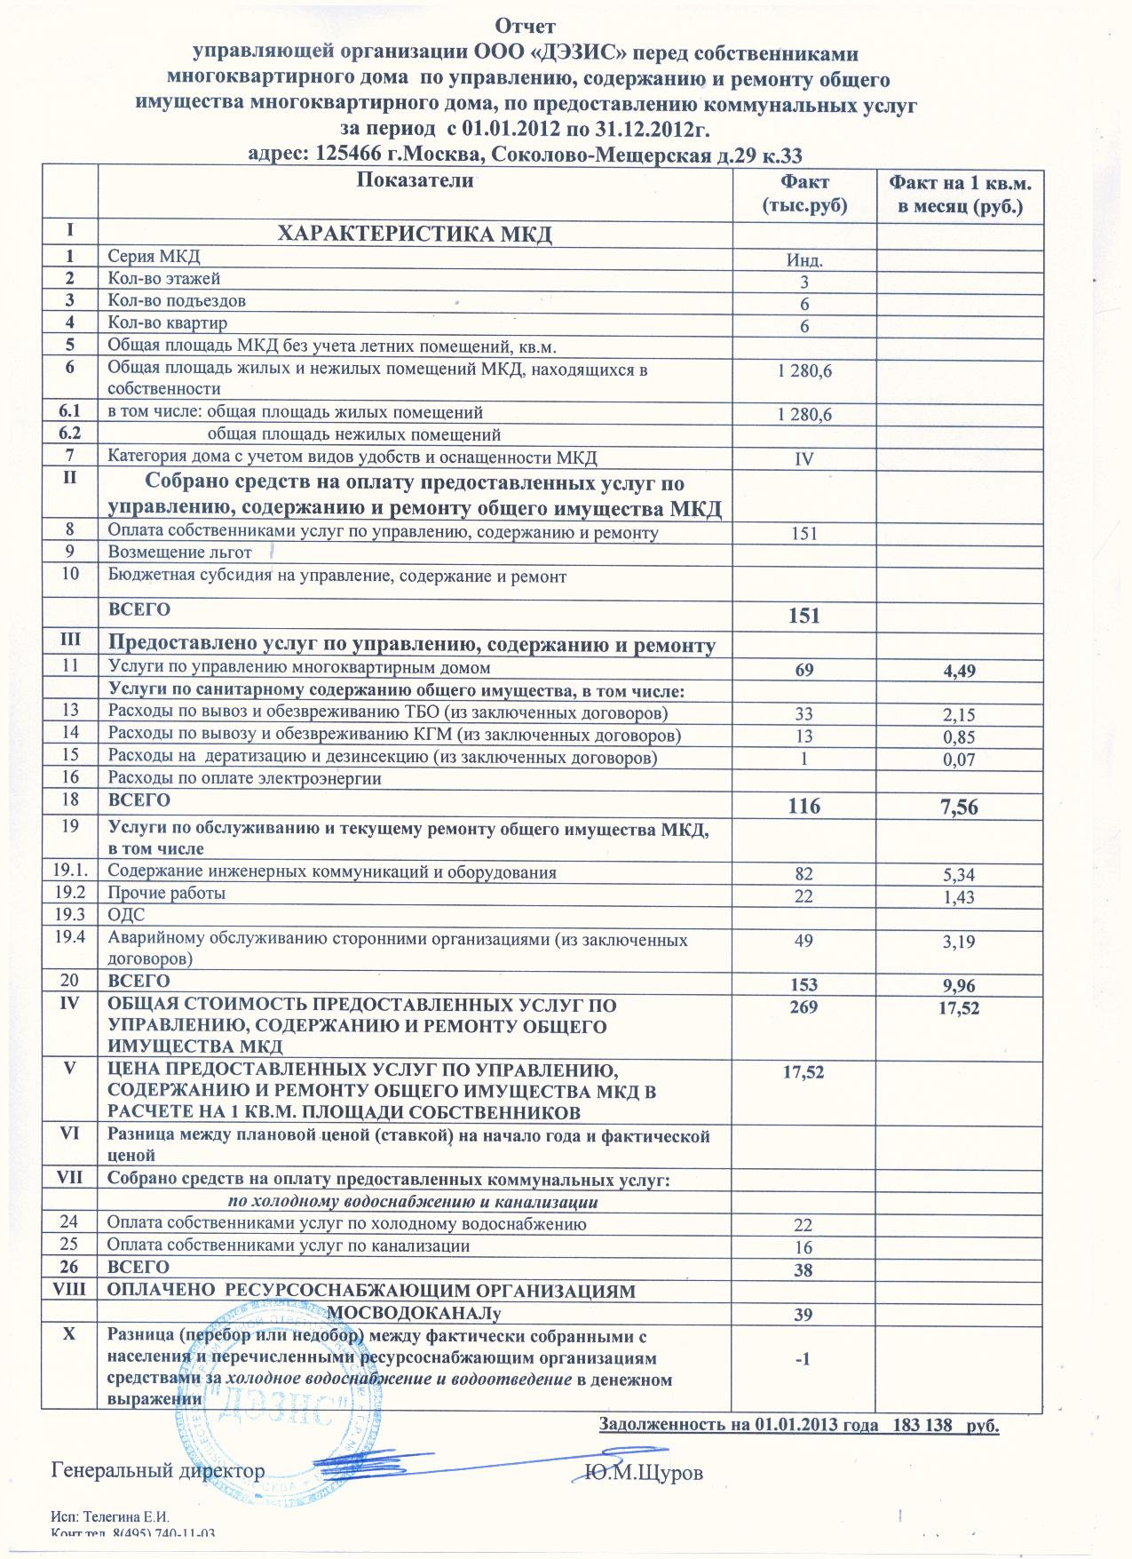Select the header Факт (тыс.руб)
pyautogui.click(x=803, y=194)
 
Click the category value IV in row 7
pyautogui.click(x=803, y=459)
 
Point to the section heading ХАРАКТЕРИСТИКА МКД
pyautogui.click(x=415, y=235)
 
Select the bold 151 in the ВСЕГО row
pyautogui.click(x=803, y=616)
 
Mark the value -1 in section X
pyautogui.click(x=803, y=1359)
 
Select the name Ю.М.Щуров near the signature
pyautogui.click(x=645, y=1473)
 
